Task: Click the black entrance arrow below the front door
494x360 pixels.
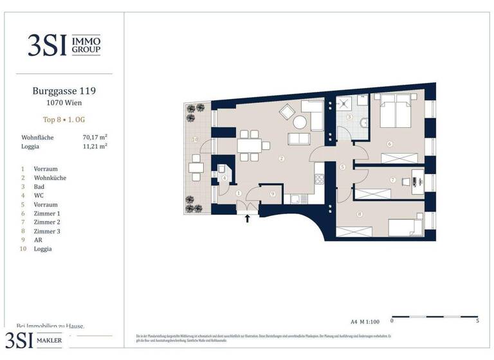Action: [248, 218]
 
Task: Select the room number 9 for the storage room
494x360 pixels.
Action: [273, 194]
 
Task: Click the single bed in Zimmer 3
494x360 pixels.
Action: [405, 226]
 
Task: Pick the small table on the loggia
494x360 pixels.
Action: [196, 168]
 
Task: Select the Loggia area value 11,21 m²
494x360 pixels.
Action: [95, 147]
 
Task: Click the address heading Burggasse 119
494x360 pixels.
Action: [64, 92]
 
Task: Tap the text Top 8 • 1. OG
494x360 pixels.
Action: [64, 120]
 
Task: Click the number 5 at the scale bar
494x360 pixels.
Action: [477, 320]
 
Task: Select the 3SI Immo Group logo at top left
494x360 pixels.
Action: [64, 45]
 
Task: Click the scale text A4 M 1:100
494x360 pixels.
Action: [365, 320]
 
